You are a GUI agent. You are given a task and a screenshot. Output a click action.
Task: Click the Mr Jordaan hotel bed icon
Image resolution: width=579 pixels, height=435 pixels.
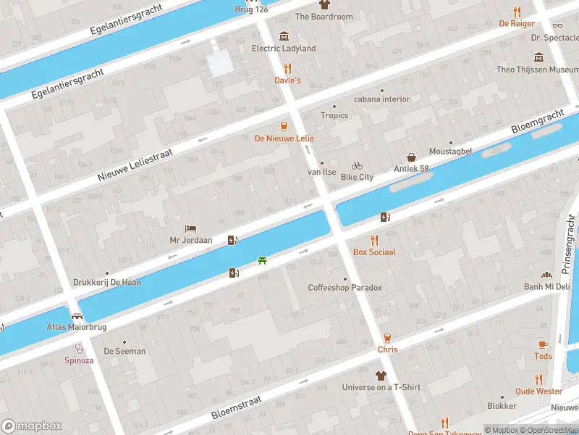point(190,228)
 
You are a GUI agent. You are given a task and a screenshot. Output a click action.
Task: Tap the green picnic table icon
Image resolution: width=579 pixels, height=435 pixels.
point(262,260)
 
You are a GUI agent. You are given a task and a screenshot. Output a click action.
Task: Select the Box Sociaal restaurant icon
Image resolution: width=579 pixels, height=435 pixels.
point(374,240)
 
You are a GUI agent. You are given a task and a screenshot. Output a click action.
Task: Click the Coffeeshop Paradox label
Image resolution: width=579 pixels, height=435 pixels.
point(345,288)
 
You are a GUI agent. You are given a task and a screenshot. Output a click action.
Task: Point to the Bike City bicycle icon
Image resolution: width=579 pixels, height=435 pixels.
point(357,165)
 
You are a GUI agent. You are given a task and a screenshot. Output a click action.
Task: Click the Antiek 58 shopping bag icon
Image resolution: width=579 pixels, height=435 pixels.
point(411,157)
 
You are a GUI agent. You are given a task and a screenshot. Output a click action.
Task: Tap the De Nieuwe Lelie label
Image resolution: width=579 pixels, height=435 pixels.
point(284,138)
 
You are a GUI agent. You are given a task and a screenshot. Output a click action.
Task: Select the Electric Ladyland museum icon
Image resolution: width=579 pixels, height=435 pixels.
point(284,36)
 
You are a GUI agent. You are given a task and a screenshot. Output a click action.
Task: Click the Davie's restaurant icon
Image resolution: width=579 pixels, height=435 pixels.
point(287,68)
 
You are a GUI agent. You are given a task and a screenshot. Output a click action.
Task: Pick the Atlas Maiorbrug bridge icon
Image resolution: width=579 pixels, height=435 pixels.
point(77,316)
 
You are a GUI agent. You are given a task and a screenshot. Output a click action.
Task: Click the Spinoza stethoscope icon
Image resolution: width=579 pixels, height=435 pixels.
point(78,348)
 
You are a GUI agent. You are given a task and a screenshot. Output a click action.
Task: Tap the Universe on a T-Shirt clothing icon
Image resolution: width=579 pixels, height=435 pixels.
point(381,376)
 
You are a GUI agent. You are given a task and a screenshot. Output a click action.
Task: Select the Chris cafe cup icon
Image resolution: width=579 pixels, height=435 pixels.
point(387,338)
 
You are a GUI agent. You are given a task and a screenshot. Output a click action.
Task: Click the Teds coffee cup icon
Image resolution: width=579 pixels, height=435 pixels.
point(543,344)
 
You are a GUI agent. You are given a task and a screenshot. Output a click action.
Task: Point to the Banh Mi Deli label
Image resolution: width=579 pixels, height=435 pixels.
point(548,286)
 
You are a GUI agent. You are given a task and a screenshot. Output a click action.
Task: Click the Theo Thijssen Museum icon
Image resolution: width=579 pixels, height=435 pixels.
point(538,57)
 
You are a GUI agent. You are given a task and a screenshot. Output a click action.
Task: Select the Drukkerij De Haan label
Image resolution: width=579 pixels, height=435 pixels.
point(107,283)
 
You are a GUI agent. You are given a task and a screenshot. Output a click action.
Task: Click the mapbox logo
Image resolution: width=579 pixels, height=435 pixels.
point(32,426)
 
